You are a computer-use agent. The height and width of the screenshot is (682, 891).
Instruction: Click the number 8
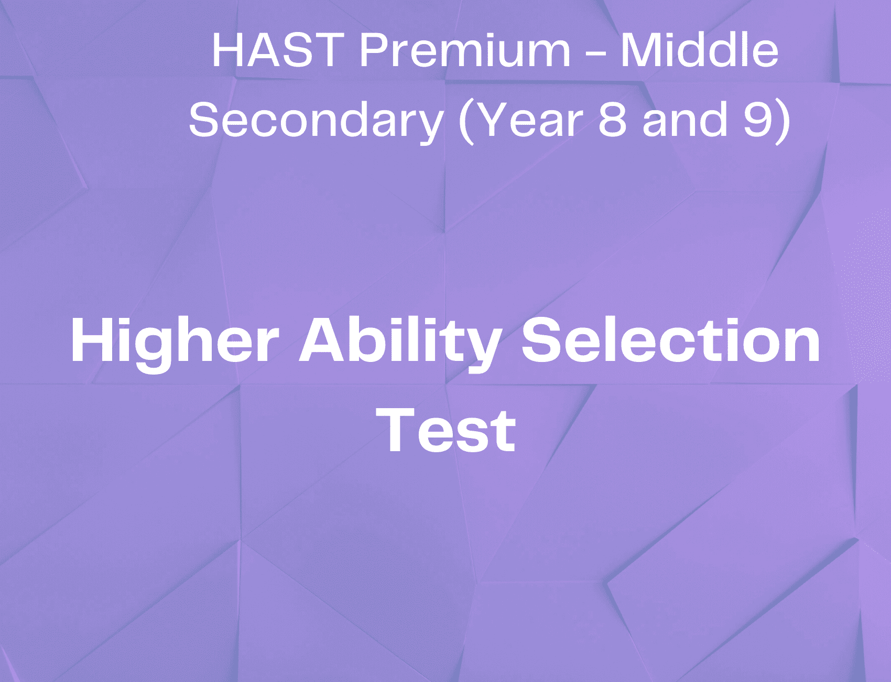(x=613, y=120)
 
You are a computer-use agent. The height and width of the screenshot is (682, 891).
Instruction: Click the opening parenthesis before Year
(x=466, y=122)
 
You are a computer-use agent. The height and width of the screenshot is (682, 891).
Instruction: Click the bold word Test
(x=446, y=430)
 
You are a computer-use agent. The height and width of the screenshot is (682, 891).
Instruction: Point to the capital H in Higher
(x=93, y=340)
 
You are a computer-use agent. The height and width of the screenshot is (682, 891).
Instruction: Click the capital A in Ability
(x=324, y=340)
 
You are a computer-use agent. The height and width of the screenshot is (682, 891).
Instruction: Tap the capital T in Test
(x=397, y=430)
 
